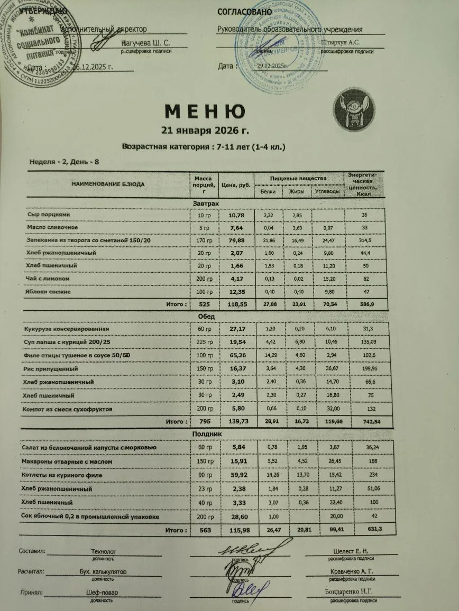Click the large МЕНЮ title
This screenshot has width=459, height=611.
click(205, 112)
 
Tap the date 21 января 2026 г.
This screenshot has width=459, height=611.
click(204, 131)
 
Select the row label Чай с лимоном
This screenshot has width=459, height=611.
click(48, 279)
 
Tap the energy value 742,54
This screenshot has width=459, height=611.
click(365, 422)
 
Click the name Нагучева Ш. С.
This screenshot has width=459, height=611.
click(145, 42)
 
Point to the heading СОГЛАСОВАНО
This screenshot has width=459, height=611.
click(244, 12)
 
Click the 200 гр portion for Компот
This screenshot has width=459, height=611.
click(203, 410)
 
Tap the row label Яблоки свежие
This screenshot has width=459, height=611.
click(48, 292)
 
